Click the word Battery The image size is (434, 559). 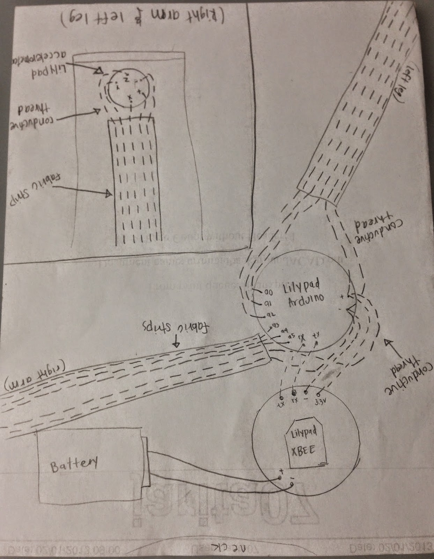point(74,464)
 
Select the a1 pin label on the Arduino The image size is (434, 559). point(268,303)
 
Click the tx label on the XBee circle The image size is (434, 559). point(280,404)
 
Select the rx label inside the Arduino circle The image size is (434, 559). point(302,337)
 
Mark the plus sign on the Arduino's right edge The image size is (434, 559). point(342,297)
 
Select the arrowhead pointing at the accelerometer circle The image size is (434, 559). point(99,72)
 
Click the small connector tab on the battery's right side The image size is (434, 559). point(146,462)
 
